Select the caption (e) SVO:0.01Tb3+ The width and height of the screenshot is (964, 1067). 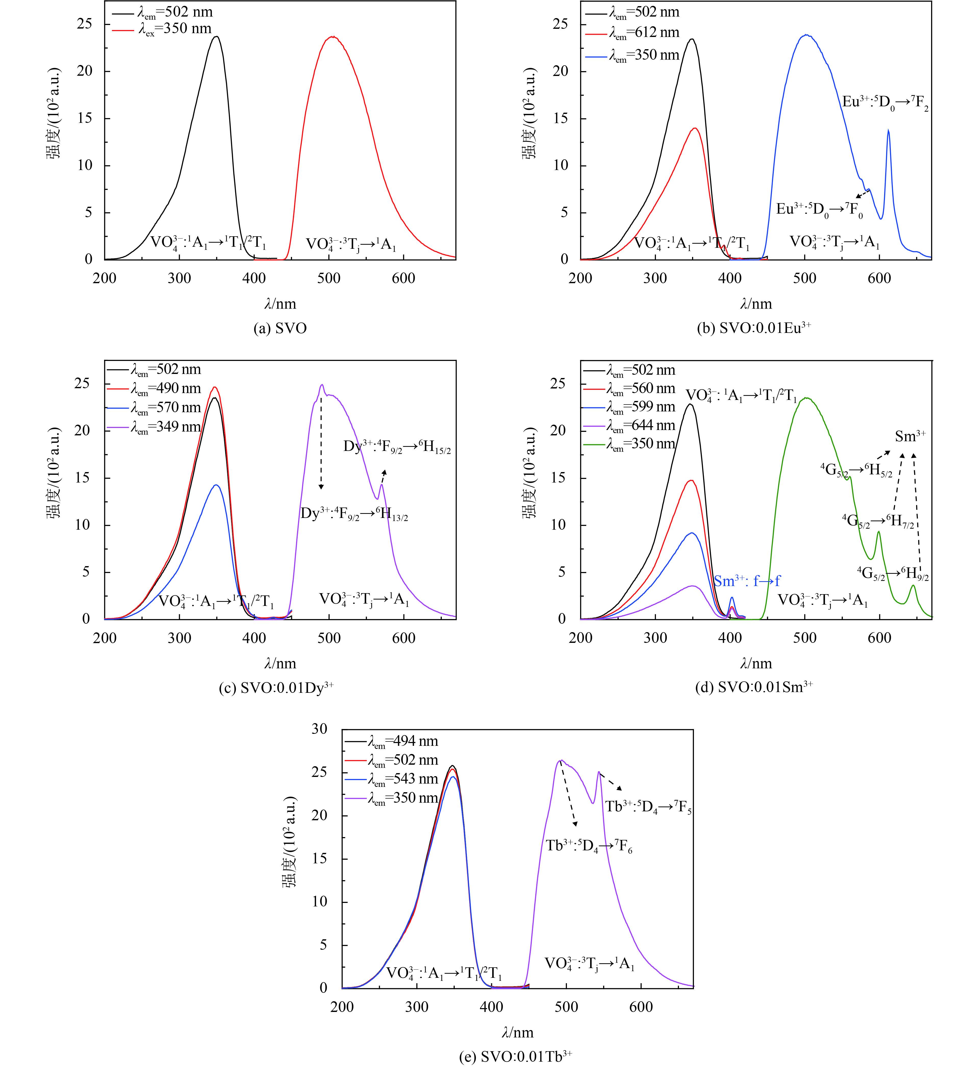point(515,1056)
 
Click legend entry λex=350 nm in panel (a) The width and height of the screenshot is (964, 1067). point(175,29)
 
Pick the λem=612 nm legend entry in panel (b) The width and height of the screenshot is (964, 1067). point(643,33)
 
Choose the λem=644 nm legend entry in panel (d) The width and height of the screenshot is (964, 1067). point(641,425)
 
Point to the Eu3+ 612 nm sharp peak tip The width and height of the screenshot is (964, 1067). point(888,130)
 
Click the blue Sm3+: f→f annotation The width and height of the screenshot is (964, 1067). point(747,581)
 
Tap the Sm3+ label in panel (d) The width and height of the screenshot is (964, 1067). point(910,436)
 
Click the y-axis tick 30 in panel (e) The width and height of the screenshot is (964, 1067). point(319,729)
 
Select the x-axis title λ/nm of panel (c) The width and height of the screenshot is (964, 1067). point(280,664)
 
